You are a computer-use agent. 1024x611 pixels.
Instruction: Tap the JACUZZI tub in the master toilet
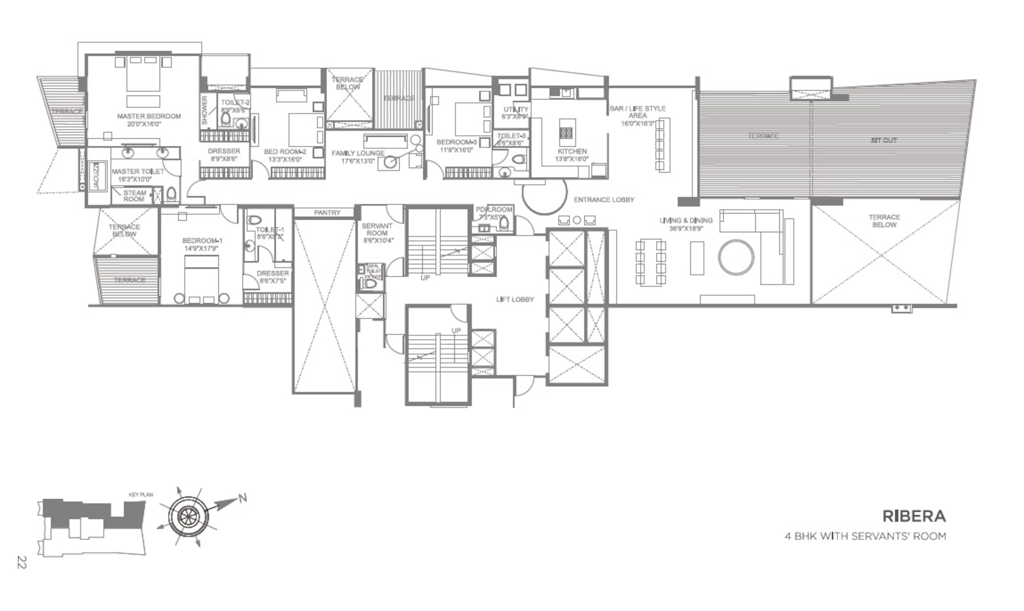(96, 176)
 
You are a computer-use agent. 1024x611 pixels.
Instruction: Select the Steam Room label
(134, 196)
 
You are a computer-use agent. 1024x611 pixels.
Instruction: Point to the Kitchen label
(572, 152)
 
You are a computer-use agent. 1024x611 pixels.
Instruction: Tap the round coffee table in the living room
(736, 257)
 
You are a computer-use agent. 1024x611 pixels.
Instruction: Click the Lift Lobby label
(515, 299)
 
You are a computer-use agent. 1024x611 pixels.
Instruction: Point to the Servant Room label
(377, 229)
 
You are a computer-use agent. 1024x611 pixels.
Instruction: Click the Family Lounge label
(358, 153)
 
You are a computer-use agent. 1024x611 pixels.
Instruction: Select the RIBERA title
(914, 516)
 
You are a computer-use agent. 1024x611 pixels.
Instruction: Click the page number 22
(22, 562)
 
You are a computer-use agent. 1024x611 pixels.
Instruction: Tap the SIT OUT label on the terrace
(884, 140)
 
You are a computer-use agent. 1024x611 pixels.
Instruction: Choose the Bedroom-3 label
(456, 142)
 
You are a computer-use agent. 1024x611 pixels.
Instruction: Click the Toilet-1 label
(270, 230)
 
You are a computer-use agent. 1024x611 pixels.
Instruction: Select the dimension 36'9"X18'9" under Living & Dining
(685, 228)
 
